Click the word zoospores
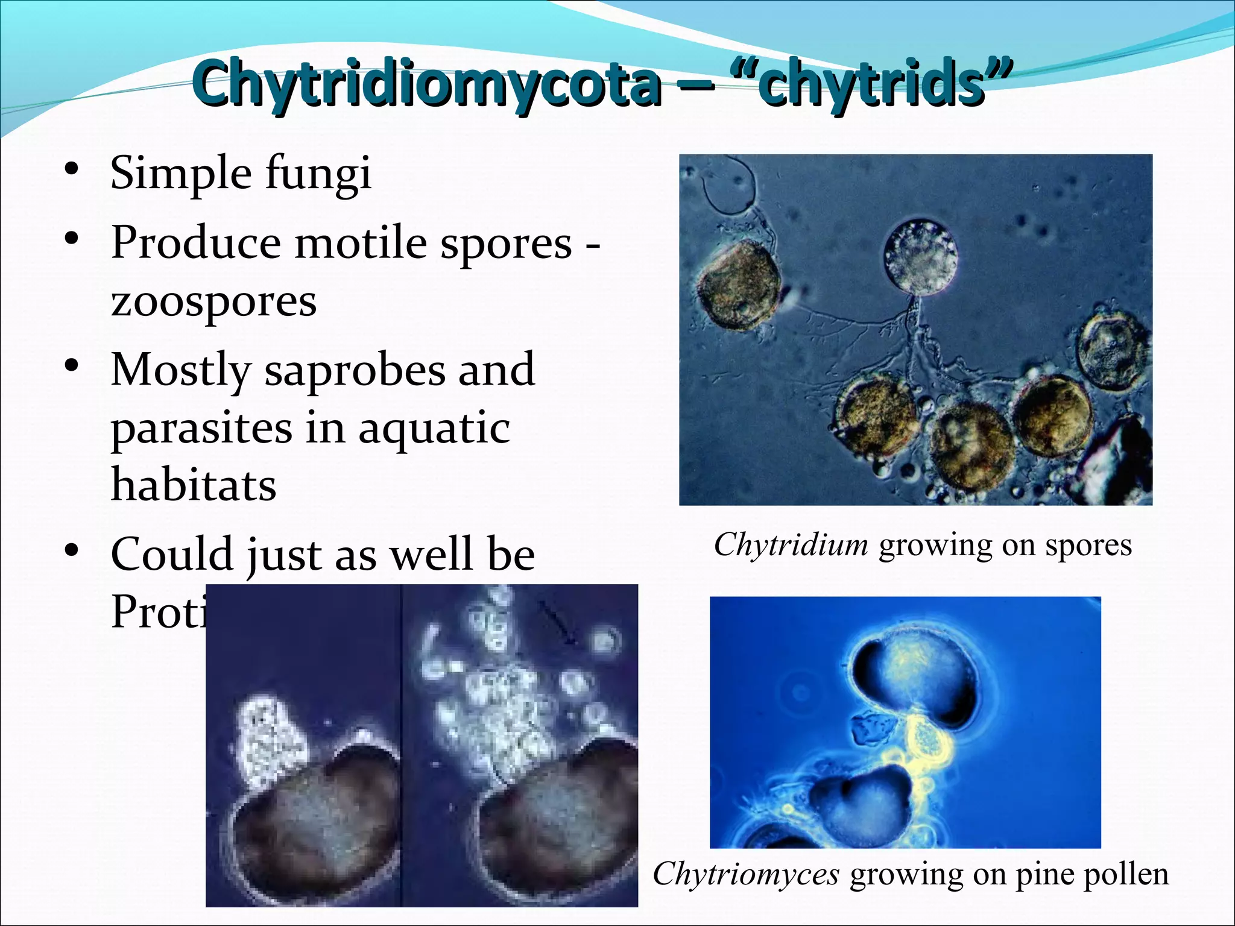pyautogui.click(x=213, y=301)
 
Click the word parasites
pyautogui.click(x=201, y=428)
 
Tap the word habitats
pyautogui.click(x=194, y=485)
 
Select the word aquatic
pyautogui.click(x=434, y=428)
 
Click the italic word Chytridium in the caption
pyautogui.click(x=791, y=545)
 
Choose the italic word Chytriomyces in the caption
pyautogui.click(x=745, y=874)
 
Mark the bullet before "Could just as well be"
pyautogui.click(x=72, y=550)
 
